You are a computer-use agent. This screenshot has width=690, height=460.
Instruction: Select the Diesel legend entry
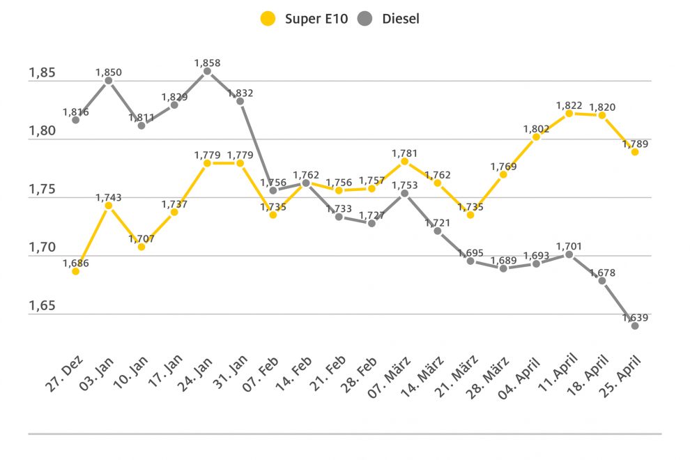click(x=390, y=19)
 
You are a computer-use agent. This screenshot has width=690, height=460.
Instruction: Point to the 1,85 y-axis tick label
click(x=42, y=73)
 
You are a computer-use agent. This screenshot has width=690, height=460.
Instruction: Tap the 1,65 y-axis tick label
click(x=42, y=306)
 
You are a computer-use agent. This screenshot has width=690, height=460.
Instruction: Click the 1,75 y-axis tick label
click(x=42, y=190)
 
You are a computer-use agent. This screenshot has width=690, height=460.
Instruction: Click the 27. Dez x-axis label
click(x=66, y=373)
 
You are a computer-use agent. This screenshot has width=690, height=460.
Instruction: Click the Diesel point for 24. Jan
click(x=207, y=70)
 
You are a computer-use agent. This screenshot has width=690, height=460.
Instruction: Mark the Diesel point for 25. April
click(x=635, y=325)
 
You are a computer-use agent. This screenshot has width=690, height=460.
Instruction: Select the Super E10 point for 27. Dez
click(x=75, y=271)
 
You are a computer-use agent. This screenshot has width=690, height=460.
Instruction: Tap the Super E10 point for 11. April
click(x=569, y=113)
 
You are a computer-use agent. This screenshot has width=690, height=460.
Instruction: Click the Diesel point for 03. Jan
click(x=108, y=80)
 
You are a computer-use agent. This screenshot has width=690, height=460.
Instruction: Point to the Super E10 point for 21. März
click(x=470, y=215)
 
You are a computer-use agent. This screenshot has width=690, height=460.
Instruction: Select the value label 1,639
click(x=635, y=318)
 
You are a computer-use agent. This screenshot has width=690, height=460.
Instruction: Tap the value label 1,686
click(x=75, y=263)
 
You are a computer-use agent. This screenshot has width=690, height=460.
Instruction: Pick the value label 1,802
click(x=536, y=129)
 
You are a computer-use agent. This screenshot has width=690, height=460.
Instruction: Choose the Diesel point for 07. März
click(x=404, y=193)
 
